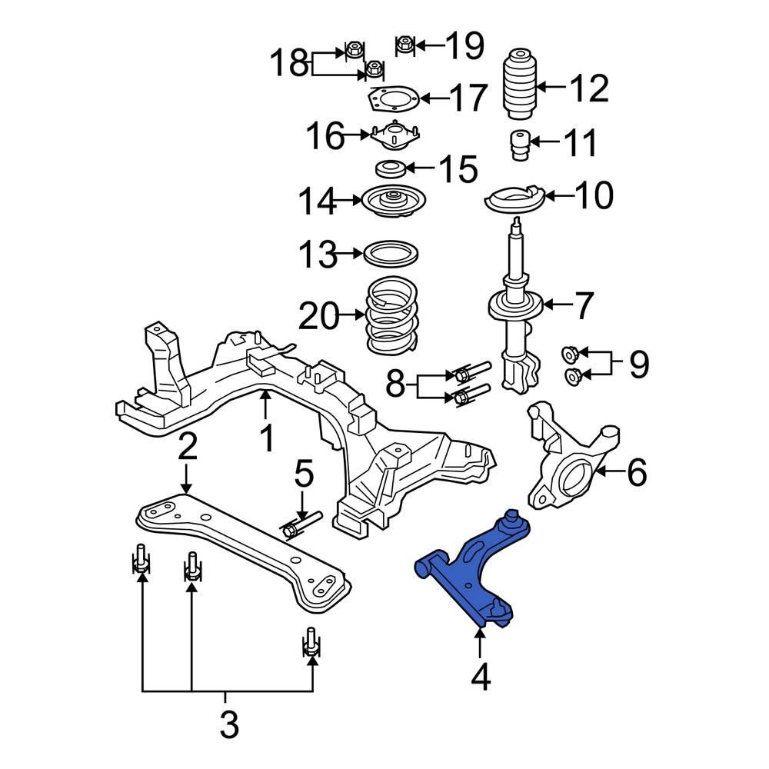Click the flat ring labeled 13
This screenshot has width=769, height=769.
(391, 253)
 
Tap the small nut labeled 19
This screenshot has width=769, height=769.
(405, 45)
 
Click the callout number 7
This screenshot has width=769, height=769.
(584, 306)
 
